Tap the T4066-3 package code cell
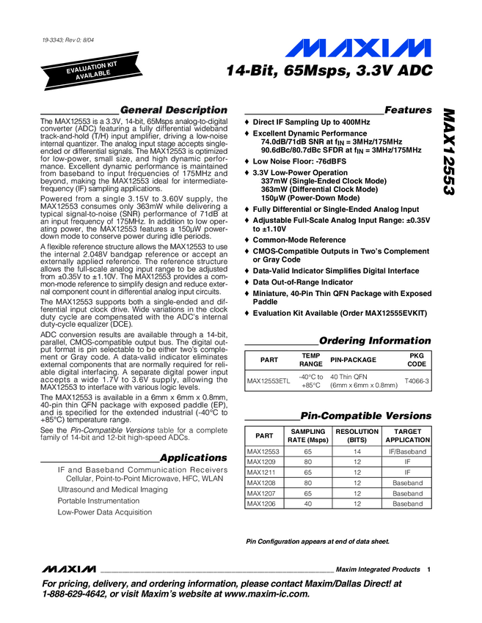click(416, 381)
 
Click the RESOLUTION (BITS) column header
click(357, 435)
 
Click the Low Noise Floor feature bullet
click(293, 161)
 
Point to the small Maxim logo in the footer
click(70, 569)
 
